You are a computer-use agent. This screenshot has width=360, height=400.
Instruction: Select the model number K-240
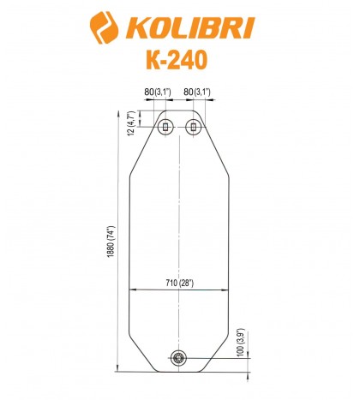179,63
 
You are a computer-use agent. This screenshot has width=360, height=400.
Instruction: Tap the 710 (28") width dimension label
179,283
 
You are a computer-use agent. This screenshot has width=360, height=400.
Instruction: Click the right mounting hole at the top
194,127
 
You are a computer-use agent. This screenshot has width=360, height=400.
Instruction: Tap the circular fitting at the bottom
179,358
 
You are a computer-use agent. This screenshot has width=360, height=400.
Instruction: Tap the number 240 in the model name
189,63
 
